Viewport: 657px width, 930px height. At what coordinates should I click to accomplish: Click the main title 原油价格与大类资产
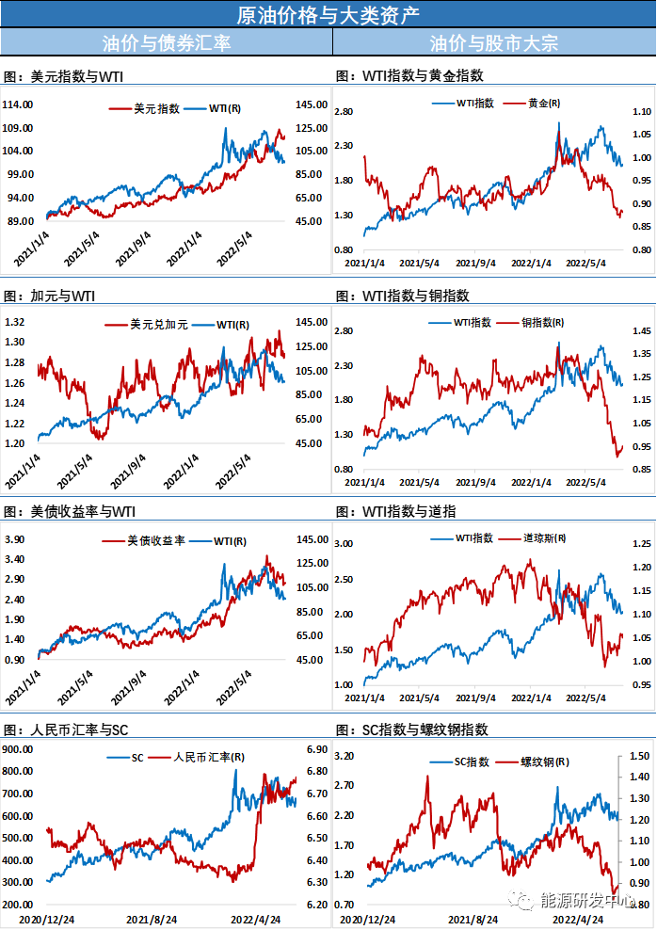[x=328, y=14]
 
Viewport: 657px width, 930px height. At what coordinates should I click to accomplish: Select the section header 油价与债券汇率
[x=166, y=42]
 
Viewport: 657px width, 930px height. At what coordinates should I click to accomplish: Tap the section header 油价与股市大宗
[x=493, y=42]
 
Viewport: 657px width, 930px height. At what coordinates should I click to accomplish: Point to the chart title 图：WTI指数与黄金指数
[x=409, y=76]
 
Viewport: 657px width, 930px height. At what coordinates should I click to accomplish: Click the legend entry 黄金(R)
[x=544, y=104]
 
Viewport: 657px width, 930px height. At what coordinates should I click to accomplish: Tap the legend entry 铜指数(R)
[x=542, y=323]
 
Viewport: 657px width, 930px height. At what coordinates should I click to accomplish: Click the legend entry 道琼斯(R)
[x=545, y=538]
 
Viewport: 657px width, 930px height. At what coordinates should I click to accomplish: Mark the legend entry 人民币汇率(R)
[x=207, y=757]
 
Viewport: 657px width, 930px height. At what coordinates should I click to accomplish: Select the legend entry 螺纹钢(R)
[x=541, y=762]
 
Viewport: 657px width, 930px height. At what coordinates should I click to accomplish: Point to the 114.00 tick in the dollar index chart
[x=19, y=104]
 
